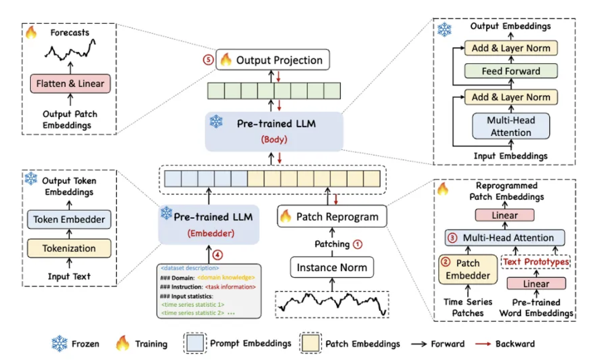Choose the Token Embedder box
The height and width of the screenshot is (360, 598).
click(x=69, y=220)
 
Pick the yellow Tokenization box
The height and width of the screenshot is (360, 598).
click(x=69, y=249)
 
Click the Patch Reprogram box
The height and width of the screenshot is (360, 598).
click(x=332, y=217)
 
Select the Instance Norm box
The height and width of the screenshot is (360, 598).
click(x=332, y=267)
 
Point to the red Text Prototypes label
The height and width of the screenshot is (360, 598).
click(x=536, y=261)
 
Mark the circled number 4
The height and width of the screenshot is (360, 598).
click(x=218, y=255)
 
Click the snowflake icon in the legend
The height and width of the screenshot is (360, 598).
click(x=60, y=344)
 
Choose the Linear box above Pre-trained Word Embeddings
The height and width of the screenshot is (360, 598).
click(x=536, y=284)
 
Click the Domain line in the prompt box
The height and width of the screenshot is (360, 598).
click(x=208, y=277)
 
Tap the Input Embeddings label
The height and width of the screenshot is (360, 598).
click(x=511, y=156)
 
